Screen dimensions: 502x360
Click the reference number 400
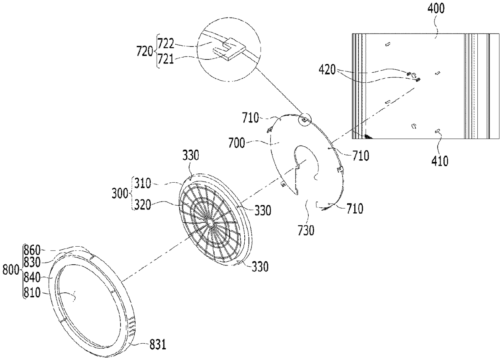[436, 9]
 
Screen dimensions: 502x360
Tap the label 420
[328, 70]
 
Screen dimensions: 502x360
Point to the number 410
[440, 161]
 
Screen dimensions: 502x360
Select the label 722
[166, 43]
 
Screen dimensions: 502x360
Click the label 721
[166, 60]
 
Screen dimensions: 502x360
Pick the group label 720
[145, 51]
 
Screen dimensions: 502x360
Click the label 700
[237, 143]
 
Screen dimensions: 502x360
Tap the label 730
[306, 230]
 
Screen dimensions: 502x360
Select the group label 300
[120, 193]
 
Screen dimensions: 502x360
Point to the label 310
[143, 183]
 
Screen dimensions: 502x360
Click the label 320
[143, 205]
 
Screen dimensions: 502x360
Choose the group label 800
[11, 270]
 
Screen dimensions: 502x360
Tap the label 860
[32, 250]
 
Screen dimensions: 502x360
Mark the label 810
[32, 293]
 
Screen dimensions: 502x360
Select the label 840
[32, 278]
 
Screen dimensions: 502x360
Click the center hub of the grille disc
[210, 222]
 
